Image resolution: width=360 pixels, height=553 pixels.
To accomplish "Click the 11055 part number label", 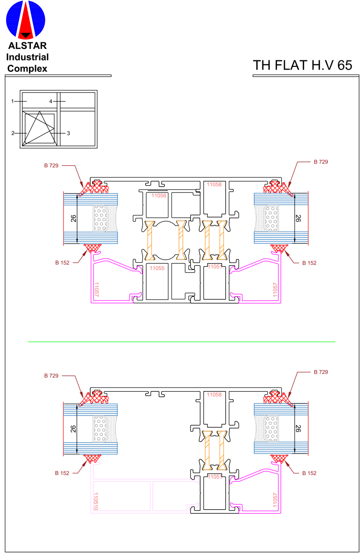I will (157, 268).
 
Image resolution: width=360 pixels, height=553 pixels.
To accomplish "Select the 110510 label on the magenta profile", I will (96, 501).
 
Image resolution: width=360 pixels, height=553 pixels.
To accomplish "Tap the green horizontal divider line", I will (181, 342).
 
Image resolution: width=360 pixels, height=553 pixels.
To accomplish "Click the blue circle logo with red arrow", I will (26, 20).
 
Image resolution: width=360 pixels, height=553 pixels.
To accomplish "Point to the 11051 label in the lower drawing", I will (214, 477).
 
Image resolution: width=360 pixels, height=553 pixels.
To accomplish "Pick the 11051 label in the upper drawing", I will (214, 266).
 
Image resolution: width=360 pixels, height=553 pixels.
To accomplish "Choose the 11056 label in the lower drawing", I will (214, 394).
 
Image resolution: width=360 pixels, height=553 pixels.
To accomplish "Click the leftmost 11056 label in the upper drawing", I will (159, 195).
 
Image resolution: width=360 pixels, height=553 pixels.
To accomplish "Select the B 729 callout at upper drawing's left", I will (51, 165).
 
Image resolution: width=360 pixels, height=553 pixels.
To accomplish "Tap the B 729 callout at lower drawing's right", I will (321, 372).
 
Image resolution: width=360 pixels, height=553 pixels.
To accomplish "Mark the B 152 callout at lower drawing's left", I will (62, 473).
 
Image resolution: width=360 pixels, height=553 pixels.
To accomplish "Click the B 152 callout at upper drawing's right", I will (309, 263).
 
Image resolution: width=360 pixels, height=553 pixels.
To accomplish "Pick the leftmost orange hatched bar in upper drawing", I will (150, 240).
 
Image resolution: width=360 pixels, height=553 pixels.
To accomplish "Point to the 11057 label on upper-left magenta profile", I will (96, 289).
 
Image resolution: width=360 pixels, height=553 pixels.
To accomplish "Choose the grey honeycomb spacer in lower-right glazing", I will (271, 428).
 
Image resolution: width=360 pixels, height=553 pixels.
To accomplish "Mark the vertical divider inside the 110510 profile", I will (151, 496).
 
